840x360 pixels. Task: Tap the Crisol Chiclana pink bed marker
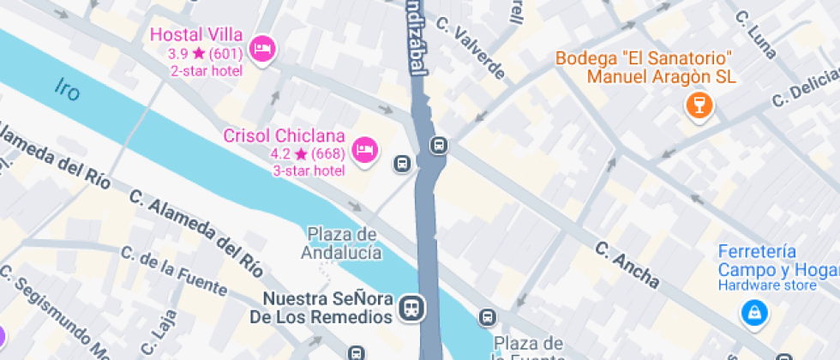(366, 148)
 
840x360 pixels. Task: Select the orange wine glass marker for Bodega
(699, 105)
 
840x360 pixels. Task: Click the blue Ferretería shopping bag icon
(753, 312)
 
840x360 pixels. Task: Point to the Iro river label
(67, 87)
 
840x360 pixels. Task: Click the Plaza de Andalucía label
(341, 243)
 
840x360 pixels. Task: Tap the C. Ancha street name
(627, 265)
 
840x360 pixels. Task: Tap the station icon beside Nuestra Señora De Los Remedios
(412, 309)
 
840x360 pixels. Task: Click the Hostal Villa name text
(196, 34)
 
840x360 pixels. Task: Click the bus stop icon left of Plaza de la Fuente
(487, 317)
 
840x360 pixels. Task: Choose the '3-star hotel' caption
(309, 171)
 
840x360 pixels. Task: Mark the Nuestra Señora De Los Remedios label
(327, 309)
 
